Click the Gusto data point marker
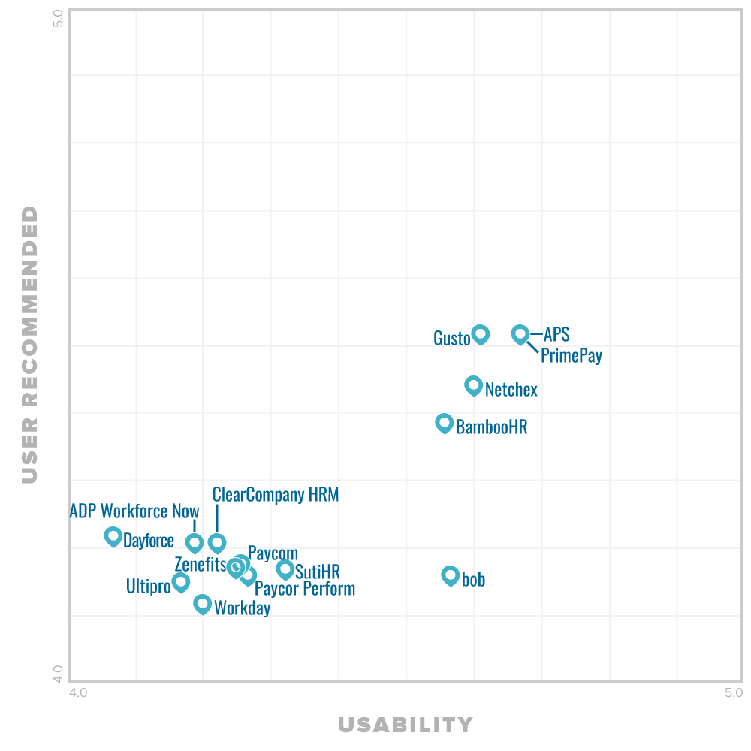pos(481,334)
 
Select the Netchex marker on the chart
pos(473,385)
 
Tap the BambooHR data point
pos(445,423)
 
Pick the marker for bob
pos(451,575)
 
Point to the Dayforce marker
pos(113,536)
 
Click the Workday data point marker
pos(203,603)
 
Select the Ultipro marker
pos(181,581)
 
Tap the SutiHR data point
pos(285,569)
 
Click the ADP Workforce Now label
pos(134,511)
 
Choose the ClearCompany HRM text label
pos(276,495)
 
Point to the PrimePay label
pos(572,355)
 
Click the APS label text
pos(556,334)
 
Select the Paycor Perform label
pos(305,588)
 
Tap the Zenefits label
pos(200,564)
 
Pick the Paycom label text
pos(273,553)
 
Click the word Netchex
pos(511,389)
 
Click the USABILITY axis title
pos(406,725)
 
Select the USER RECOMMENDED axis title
pos(29,344)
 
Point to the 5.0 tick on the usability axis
pos(734,693)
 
